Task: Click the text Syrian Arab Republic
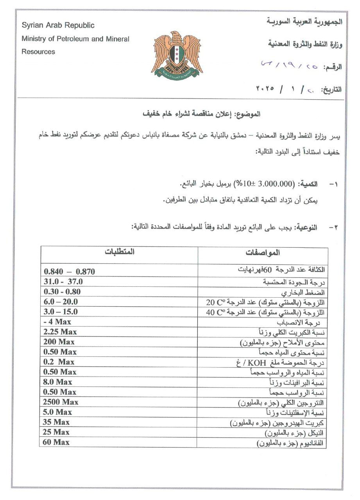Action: point(58,25)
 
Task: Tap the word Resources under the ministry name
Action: point(38,52)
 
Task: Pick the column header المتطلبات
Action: point(119,252)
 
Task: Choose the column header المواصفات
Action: point(263,253)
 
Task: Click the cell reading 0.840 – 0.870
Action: point(69,271)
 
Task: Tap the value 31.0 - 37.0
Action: point(63,282)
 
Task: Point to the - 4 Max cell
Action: point(57,322)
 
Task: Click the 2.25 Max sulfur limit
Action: point(60,332)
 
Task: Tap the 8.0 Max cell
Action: point(57,382)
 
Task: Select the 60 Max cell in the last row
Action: point(56,442)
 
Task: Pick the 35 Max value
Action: point(56,422)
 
